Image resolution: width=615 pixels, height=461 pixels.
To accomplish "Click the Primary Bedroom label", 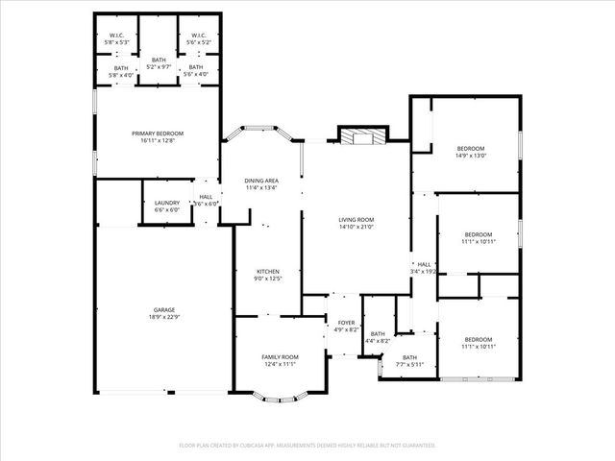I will tap(158, 133).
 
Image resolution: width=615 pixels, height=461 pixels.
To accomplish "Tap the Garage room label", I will tap(163, 309).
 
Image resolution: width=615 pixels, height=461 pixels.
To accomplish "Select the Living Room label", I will tap(357, 220).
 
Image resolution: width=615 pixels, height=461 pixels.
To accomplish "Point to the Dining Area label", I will tap(261, 181).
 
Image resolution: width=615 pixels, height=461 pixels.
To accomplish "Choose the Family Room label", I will tap(280, 356).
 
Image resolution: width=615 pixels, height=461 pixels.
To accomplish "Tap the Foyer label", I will tap(346, 323).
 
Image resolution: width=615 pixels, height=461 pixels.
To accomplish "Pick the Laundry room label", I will tap(167, 203).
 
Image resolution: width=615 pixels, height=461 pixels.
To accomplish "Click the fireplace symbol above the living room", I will tap(361, 137).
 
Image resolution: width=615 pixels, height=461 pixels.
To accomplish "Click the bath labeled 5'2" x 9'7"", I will tap(159, 61).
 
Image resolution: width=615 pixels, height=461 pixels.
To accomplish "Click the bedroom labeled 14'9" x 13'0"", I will tap(470, 148).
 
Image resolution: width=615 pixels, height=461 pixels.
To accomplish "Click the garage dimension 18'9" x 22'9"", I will tap(163, 316).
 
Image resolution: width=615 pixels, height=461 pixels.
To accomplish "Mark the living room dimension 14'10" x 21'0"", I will tap(357, 227).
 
